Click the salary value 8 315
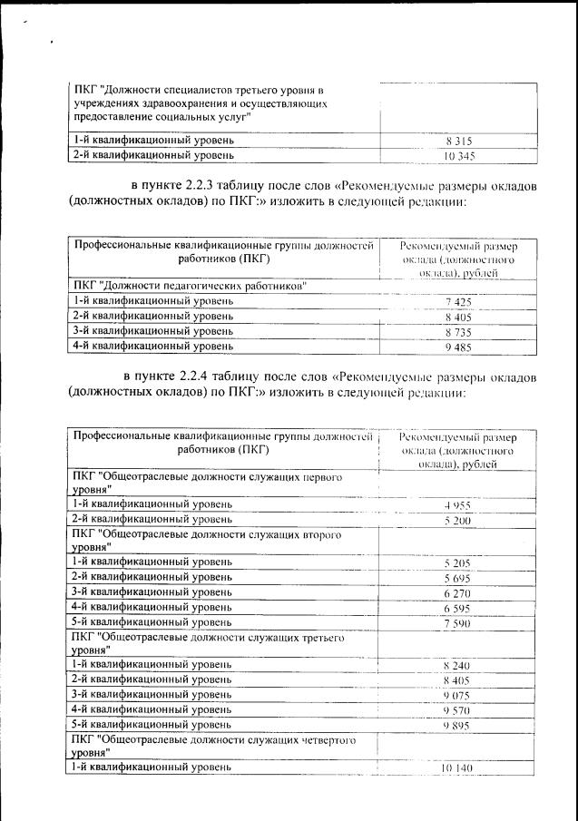pyautogui.click(x=458, y=142)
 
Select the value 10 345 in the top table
pyautogui.click(x=458, y=157)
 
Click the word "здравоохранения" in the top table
pyautogui.click(x=168, y=104)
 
